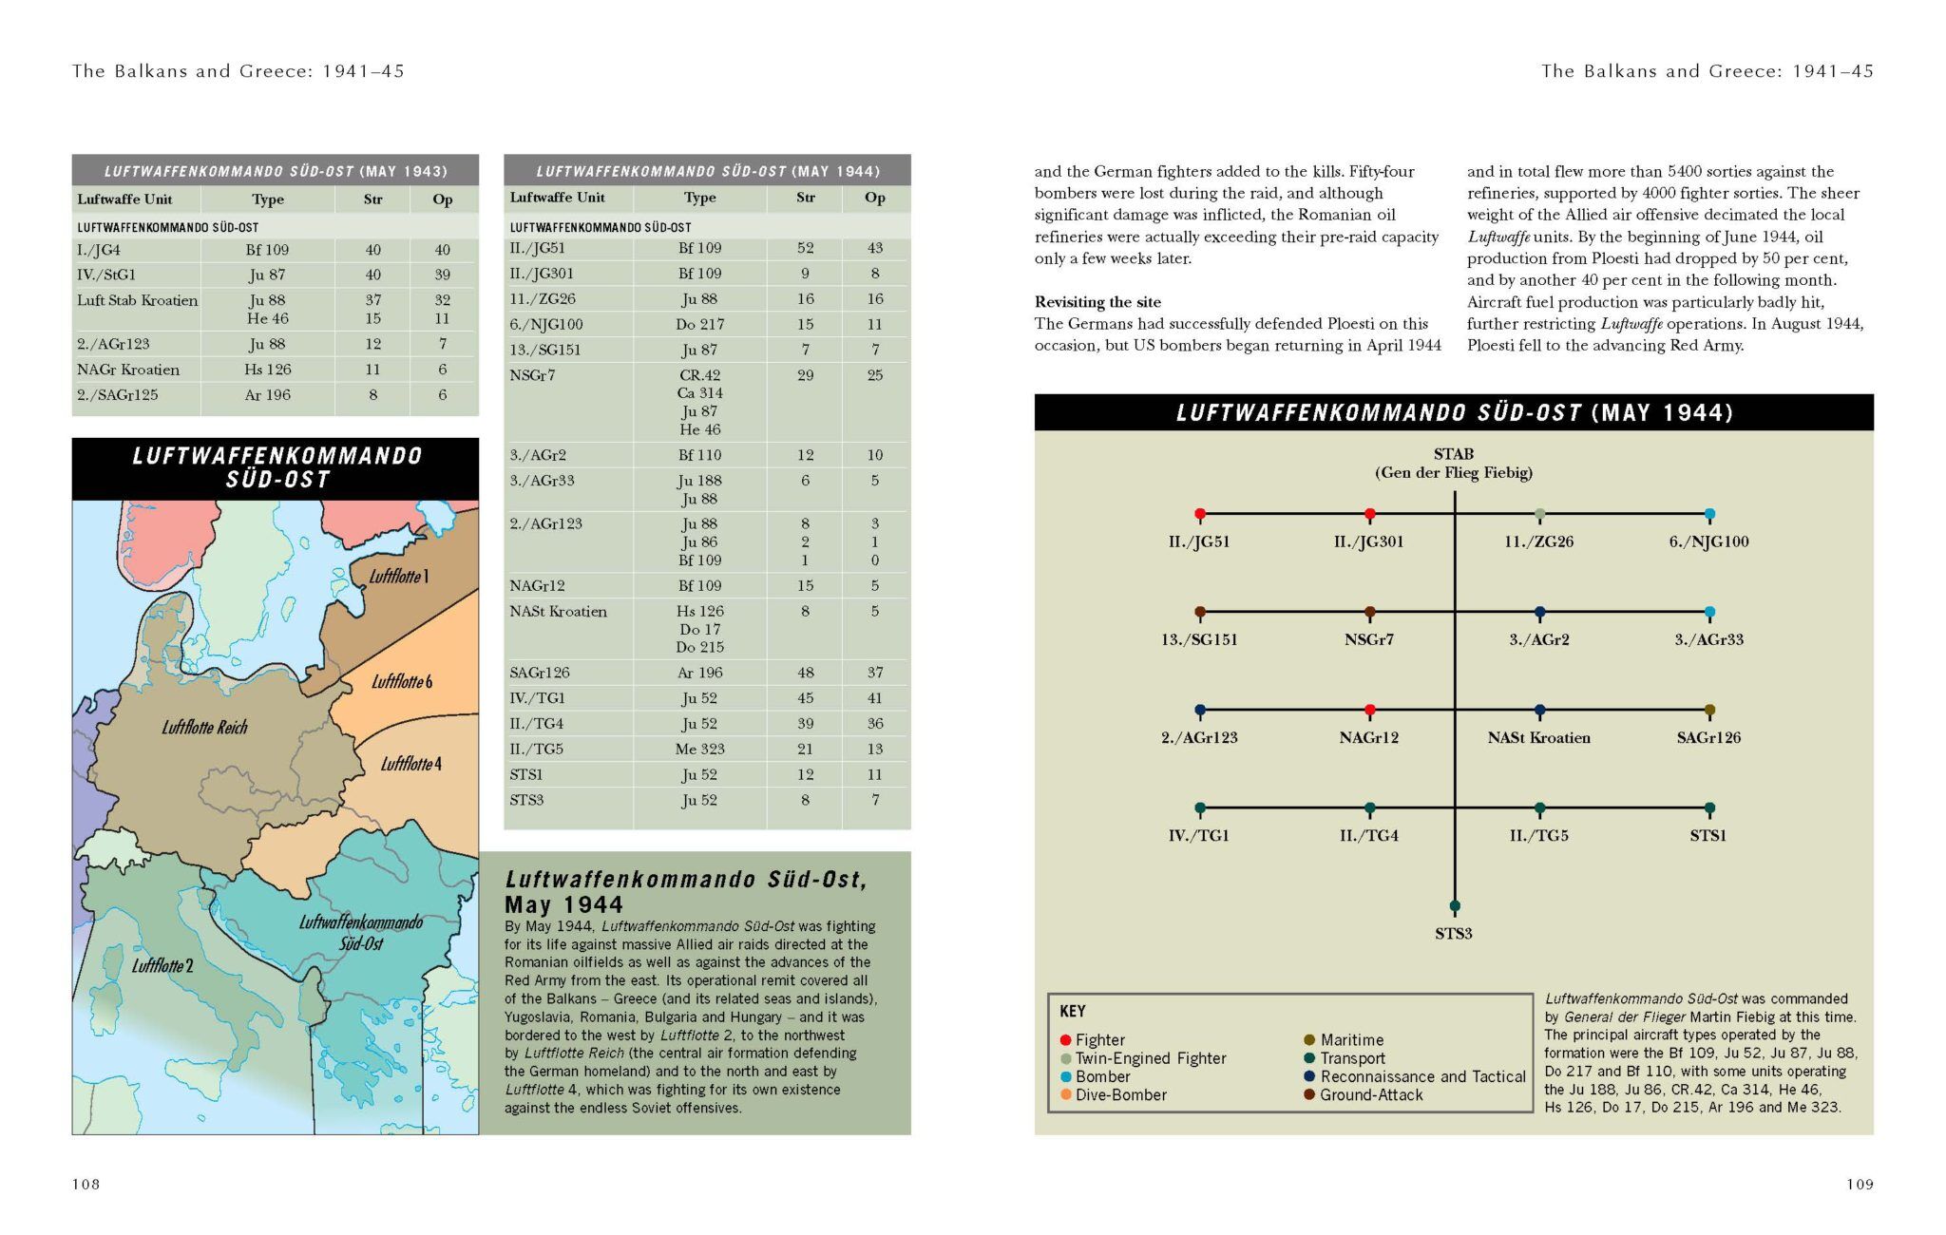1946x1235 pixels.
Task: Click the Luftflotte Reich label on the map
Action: click(x=204, y=728)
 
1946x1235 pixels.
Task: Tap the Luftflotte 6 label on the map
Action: click(x=401, y=682)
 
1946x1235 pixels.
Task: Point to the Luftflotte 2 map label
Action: click(x=162, y=966)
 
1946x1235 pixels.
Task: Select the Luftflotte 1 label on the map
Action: click(x=399, y=577)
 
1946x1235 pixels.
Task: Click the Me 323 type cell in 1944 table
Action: click(x=699, y=749)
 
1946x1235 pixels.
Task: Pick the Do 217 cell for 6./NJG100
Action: click(x=699, y=324)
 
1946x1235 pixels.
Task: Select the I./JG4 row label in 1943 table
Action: click(x=99, y=250)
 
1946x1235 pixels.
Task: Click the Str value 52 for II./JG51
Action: click(x=805, y=248)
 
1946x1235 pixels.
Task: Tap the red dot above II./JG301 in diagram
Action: click(x=1369, y=514)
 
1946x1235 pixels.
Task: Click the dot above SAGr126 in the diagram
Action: click(x=1709, y=710)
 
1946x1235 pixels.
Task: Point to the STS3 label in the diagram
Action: click(x=1453, y=934)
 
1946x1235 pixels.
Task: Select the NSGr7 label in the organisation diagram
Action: click(x=1368, y=639)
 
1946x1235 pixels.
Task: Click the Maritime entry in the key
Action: click(x=1351, y=1040)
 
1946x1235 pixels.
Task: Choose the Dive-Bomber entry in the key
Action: click(x=1120, y=1094)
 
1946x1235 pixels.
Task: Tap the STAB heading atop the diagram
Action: click(x=1453, y=454)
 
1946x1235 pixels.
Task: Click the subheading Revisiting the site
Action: click(x=1097, y=302)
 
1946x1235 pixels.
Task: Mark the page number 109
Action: click(x=1860, y=1184)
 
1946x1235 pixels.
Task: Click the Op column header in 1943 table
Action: click(x=443, y=199)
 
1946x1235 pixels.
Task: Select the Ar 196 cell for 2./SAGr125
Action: click(x=267, y=395)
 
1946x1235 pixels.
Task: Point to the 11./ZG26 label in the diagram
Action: click(x=1538, y=541)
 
